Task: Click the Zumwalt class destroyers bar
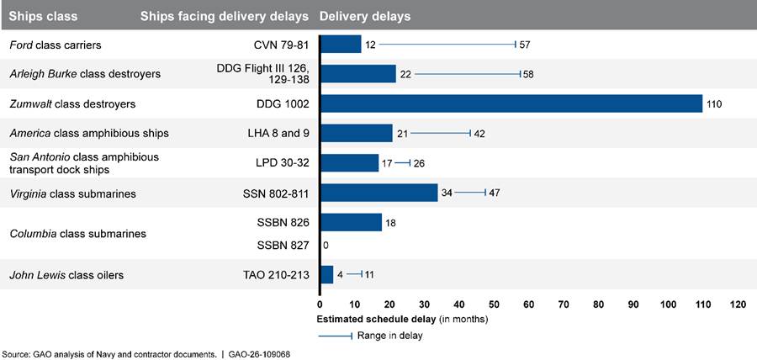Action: point(511,103)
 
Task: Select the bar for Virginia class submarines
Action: point(378,193)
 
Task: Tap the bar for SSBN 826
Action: point(351,223)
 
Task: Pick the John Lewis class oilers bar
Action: point(326,274)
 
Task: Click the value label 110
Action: point(715,104)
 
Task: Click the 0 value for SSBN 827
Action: point(326,246)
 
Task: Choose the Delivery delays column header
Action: point(365,17)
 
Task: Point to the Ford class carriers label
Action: point(55,45)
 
